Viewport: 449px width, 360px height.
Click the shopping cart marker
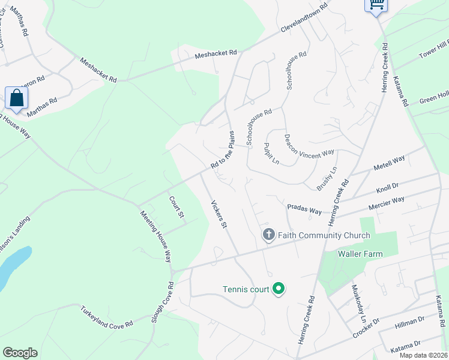pyautogui.click(x=376, y=5)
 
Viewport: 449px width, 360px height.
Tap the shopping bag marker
pyautogui.click(x=16, y=98)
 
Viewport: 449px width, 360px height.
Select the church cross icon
pyautogui.click(x=268, y=235)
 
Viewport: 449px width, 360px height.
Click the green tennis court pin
pyautogui.click(x=278, y=289)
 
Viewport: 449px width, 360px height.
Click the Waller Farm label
pyautogui.click(x=360, y=254)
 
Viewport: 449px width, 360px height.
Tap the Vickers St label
pyautogui.click(x=217, y=214)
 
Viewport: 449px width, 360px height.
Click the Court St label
pyautogui.click(x=175, y=207)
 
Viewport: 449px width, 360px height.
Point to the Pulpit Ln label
pyautogui.click(x=271, y=154)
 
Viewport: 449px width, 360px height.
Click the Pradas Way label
pyautogui.click(x=304, y=208)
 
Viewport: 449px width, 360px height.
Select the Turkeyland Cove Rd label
pyautogui.click(x=107, y=316)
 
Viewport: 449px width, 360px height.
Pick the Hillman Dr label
pyautogui.click(x=409, y=325)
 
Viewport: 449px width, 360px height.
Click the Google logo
pyautogui.click(x=20, y=353)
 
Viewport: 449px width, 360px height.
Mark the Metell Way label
pyautogui.click(x=390, y=163)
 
